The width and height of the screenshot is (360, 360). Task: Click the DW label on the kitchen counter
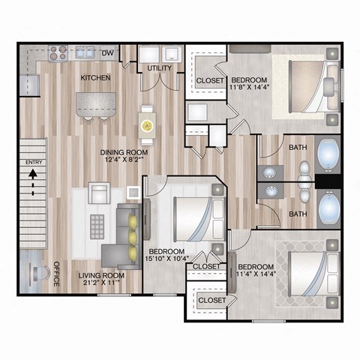(x=108, y=52)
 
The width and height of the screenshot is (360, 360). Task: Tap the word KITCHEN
(x=97, y=77)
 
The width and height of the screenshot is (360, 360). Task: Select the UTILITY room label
(x=160, y=68)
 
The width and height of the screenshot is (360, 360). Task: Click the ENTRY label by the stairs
(x=34, y=163)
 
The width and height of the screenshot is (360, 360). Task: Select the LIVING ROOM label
(x=101, y=275)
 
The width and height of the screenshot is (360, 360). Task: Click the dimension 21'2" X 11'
(x=101, y=284)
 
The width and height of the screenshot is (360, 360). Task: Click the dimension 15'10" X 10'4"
(x=166, y=259)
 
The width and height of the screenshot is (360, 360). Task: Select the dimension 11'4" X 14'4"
(x=256, y=275)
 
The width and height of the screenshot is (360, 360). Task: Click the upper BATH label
(x=297, y=147)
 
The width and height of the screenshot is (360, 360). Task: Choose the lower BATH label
(x=298, y=214)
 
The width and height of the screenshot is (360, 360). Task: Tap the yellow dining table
(x=148, y=125)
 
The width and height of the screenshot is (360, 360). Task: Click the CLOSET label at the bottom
(x=211, y=300)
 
